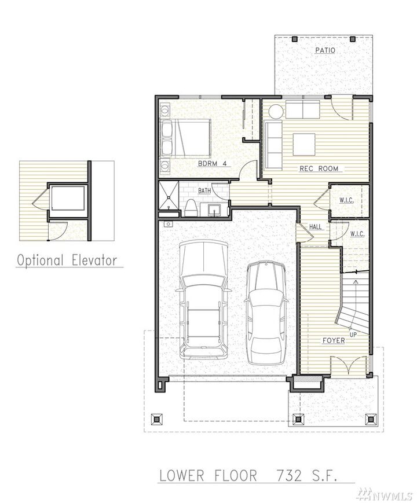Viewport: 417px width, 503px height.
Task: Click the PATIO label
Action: (x=325, y=50)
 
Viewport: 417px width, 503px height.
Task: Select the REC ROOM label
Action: (x=318, y=169)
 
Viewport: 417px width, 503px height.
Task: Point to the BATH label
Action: (x=204, y=190)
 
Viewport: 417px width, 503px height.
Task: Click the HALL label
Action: (x=315, y=227)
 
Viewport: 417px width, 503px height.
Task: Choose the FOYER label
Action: (x=333, y=340)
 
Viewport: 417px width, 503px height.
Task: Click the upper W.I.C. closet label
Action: (x=346, y=200)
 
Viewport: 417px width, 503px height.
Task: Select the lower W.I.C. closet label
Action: (x=357, y=234)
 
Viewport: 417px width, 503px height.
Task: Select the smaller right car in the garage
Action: (x=265, y=313)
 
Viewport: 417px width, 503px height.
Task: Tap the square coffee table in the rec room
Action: (x=304, y=144)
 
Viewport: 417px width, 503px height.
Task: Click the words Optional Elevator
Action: (x=70, y=260)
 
